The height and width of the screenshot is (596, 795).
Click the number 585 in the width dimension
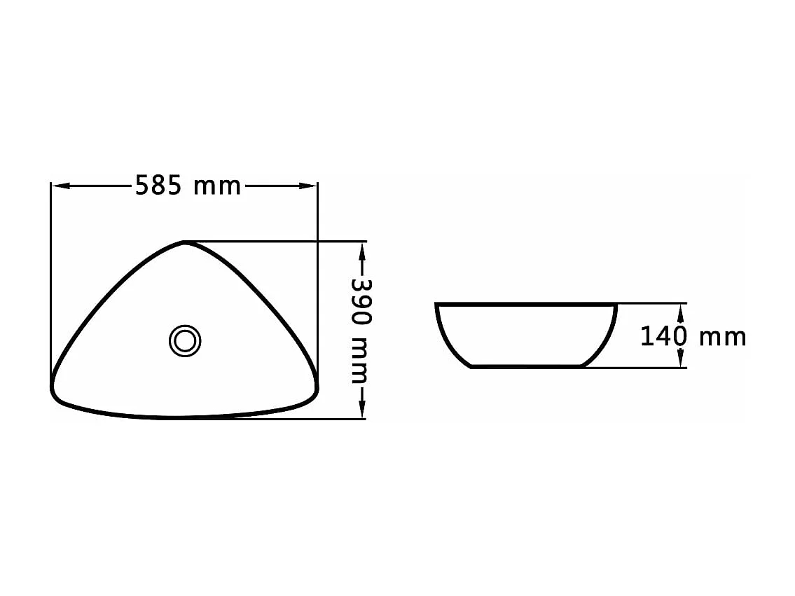158,186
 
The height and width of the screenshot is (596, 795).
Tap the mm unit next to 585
217,187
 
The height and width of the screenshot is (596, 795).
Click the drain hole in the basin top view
186,341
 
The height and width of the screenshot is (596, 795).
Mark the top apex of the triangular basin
184,242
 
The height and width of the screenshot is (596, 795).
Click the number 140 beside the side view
663,337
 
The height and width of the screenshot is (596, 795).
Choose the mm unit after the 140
723,338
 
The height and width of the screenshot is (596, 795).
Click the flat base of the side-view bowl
527,366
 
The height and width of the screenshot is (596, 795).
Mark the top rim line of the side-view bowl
525,305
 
